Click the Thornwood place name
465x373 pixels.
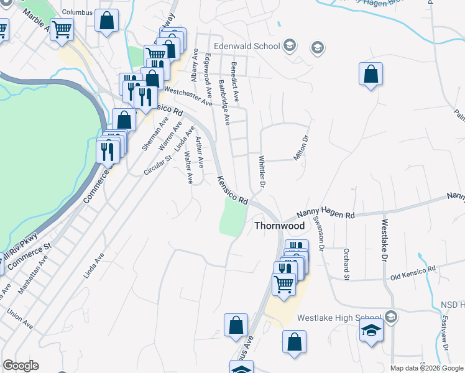(x=279, y=226)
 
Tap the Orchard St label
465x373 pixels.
(x=344, y=264)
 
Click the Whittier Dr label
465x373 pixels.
(x=262, y=172)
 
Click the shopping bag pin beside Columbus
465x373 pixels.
(x=107, y=21)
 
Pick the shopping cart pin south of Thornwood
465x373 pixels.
(x=285, y=285)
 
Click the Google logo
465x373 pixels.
(x=21, y=366)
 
